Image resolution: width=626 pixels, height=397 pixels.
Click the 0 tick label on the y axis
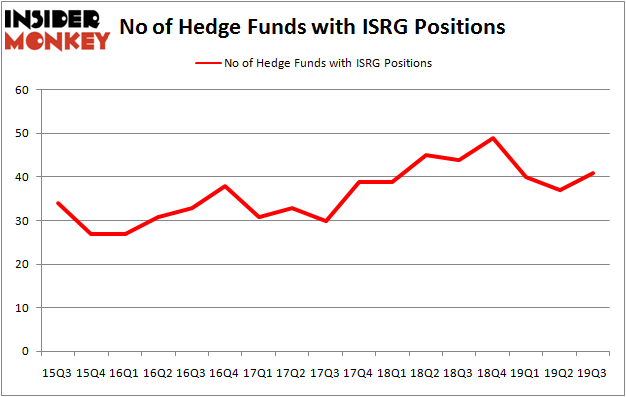click(27, 352)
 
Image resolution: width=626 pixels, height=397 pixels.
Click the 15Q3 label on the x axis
click(58, 372)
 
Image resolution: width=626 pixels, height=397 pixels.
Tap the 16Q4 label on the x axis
click(225, 372)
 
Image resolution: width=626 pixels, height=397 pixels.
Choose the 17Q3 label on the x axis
click(325, 372)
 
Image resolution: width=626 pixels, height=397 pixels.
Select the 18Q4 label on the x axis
click(492, 372)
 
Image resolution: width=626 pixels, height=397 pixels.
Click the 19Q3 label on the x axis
click(592, 372)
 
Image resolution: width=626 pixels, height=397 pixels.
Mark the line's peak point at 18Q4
click(492, 138)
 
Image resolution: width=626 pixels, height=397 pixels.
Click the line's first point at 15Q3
click(58, 203)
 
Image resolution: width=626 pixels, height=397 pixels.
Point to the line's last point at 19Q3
click(592, 173)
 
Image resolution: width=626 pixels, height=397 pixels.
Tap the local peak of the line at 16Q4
click(225, 186)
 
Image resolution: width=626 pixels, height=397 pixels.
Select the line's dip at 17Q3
click(325, 221)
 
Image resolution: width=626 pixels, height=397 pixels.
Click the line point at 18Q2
click(425, 155)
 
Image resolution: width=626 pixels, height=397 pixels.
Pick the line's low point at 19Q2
click(559, 190)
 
